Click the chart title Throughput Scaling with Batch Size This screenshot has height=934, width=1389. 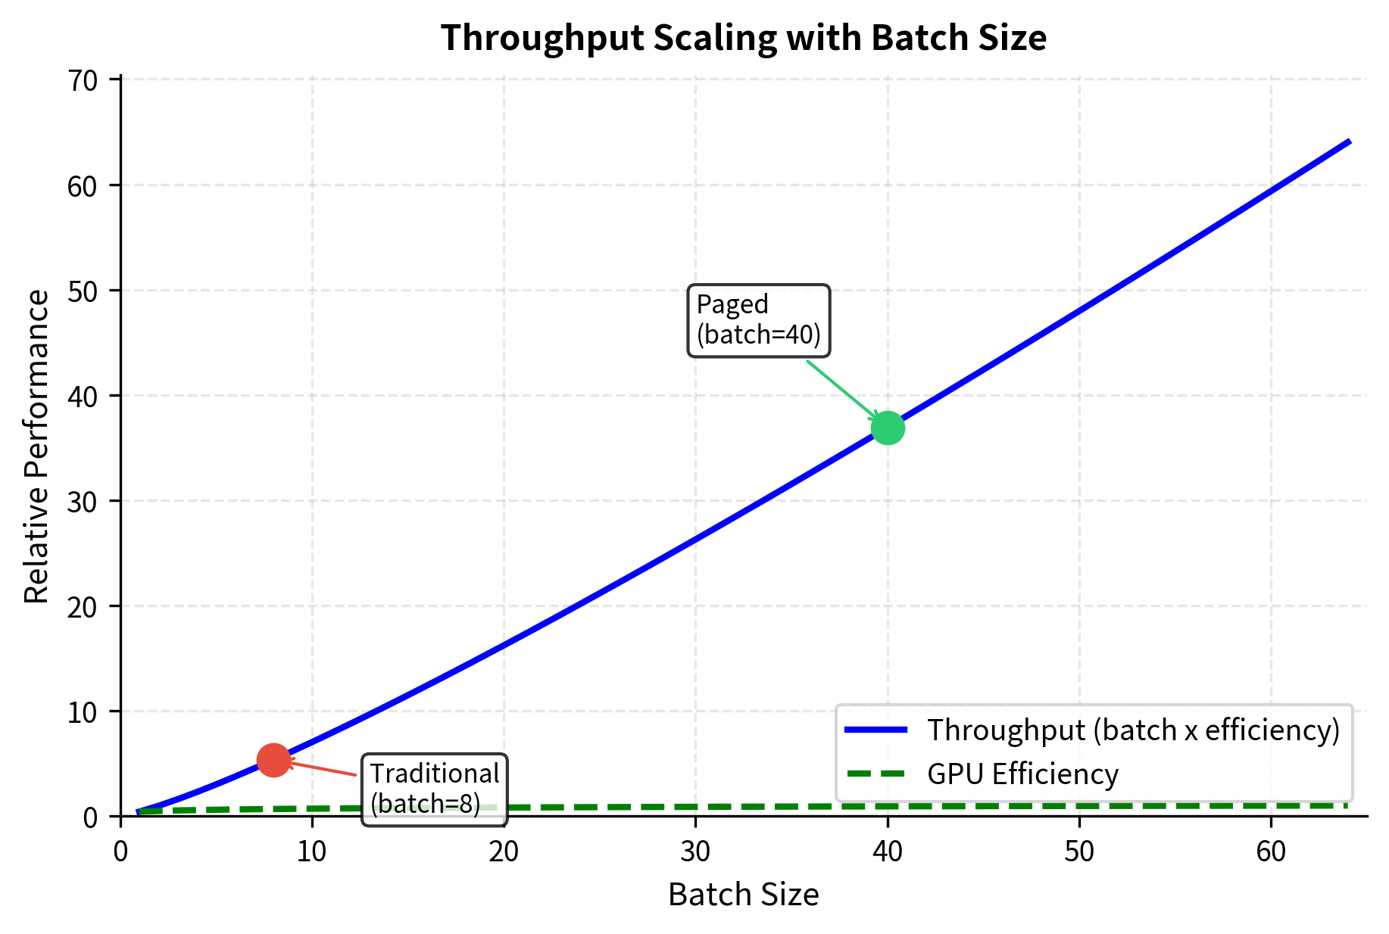(x=743, y=38)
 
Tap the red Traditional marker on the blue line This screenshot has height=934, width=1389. (x=273, y=760)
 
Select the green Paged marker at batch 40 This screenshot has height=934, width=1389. (x=888, y=428)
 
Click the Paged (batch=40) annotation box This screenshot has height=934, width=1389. (x=758, y=320)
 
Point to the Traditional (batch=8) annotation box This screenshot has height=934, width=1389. (x=435, y=789)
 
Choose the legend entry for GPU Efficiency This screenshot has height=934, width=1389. (x=1022, y=774)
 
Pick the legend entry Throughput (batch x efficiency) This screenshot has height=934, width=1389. (x=1134, y=730)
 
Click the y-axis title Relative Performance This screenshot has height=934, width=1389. (x=36, y=447)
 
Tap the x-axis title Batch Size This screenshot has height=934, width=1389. (x=743, y=895)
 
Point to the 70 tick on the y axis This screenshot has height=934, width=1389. (x=83, y=80)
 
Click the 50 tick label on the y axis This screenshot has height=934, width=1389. (x=83, y=291)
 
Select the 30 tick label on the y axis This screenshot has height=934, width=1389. (x=83, y=501)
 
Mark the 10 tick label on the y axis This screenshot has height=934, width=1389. (x=83, y=711)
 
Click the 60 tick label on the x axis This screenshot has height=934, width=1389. (x=1271, y=852)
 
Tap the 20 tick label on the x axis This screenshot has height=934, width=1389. (x=504, y=852)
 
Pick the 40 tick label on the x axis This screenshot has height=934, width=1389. (x=888, y=852)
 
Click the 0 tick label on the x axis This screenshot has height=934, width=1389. (x=120, y=852)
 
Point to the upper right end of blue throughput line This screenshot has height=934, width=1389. (x=1349, y=142)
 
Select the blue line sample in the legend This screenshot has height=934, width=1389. (x=876, y=730)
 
